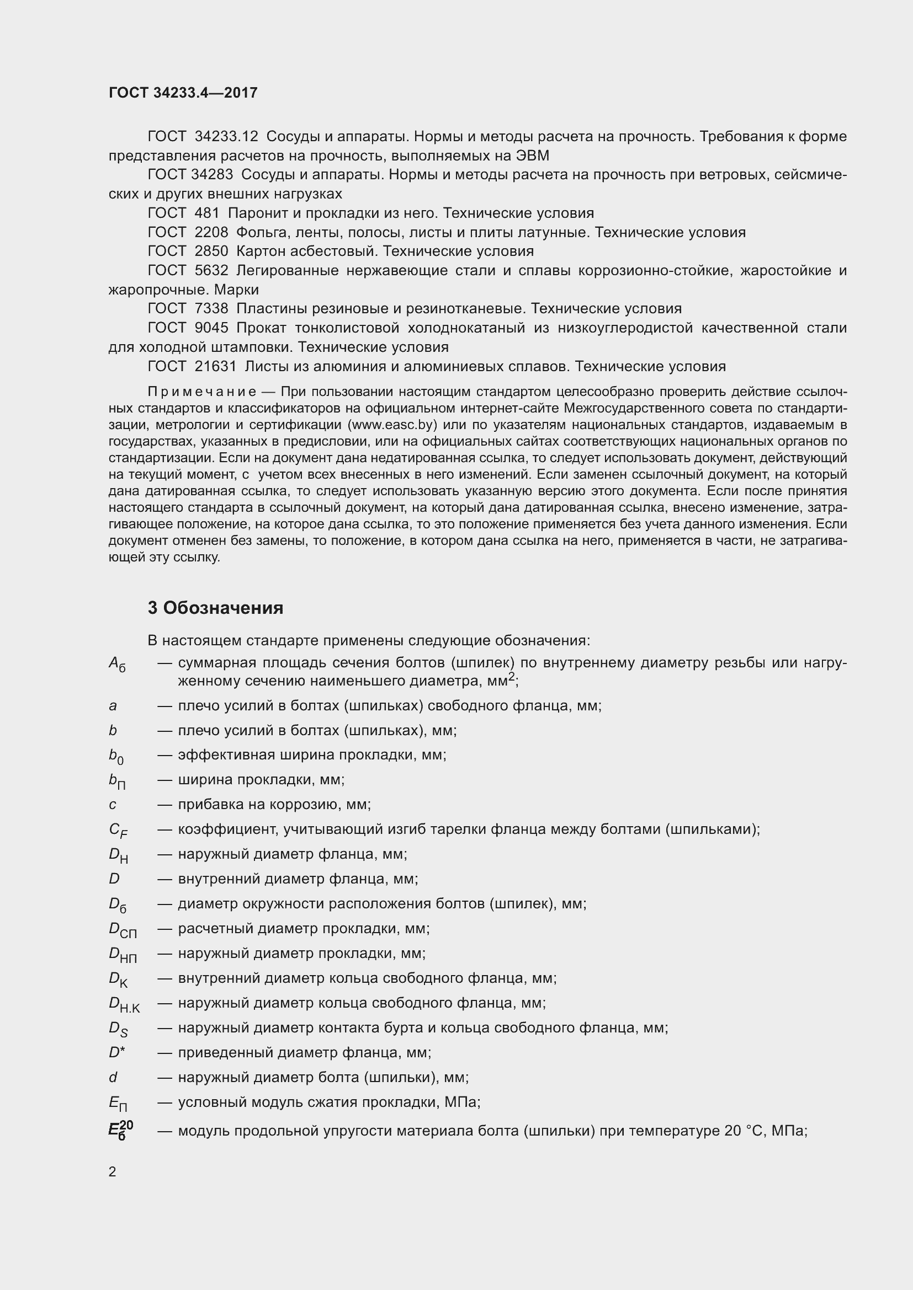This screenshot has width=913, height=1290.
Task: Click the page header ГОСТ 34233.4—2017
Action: click(183, 93)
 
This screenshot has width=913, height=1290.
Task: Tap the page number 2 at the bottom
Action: click(113, 1171)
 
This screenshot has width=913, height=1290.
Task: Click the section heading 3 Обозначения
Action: click(215, 608)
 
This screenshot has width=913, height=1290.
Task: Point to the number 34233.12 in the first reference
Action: click(226, 137)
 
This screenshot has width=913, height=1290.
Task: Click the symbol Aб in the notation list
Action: click(117, 665)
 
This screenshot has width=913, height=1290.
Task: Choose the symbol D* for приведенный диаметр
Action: click(117, 1052)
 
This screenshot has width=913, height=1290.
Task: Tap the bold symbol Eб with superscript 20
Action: click(120, 1130)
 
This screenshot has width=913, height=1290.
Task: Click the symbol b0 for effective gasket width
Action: click(116, 756)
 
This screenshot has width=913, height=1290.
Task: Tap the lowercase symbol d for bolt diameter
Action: click(113, 1077)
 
